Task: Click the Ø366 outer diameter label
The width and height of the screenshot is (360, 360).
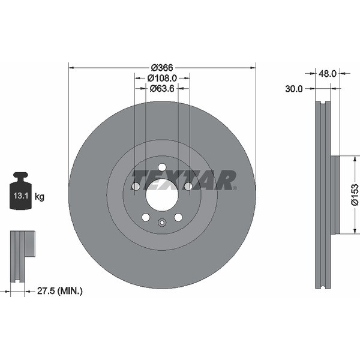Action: [x=162, y=68]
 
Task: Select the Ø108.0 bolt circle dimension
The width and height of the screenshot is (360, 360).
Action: [x=162, y=78]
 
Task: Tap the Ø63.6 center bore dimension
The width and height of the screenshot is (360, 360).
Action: [x=162, y=88]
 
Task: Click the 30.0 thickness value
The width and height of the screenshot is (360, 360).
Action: [x=293, y=88]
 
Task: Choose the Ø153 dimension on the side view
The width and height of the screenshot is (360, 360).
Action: [x=355, y=195]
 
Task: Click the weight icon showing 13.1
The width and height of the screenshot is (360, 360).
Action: [x=21, y=193]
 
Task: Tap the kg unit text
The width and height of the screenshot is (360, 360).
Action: [x=40, y=196]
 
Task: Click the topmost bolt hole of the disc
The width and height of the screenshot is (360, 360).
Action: [x=162, y=167]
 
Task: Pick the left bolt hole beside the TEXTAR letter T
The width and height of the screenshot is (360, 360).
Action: [x=136, y=187]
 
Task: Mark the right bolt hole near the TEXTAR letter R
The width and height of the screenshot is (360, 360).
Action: [x=188, y=187]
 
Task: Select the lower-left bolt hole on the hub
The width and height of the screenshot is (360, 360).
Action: [x=146, y=217]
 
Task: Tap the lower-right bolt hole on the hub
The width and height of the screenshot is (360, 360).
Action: [x=178, y=217]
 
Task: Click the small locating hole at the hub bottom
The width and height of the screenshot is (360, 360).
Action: [x=162, y=223]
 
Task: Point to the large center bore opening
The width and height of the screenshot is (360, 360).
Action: [x=162, y=195]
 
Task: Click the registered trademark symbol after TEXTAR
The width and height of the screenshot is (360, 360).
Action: [x=235, y=188]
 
